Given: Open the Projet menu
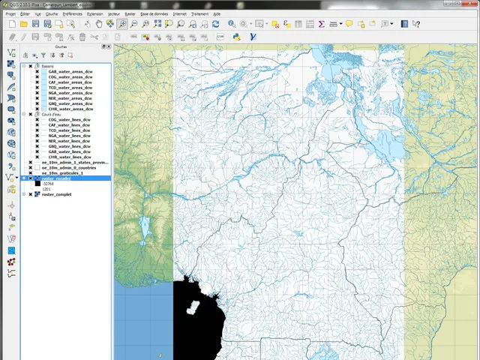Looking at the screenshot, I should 10,13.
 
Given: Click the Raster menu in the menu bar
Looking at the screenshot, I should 130,13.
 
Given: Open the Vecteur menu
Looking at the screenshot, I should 113,13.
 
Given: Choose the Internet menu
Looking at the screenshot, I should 179,13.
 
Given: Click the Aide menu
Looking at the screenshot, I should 217,13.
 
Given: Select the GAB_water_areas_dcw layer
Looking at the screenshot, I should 70,71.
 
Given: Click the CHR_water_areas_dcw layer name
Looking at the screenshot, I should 70,109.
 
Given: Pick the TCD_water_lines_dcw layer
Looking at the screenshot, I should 69,130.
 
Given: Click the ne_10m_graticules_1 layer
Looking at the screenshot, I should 66,173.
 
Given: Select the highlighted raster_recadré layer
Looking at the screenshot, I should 58,178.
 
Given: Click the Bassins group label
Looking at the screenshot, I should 48,66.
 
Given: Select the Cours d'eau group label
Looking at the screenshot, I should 52,114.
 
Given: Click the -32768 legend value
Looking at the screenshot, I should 49,184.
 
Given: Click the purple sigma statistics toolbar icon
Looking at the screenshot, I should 322,24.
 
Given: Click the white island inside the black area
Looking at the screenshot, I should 193,307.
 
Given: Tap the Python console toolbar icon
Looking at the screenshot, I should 237,35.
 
